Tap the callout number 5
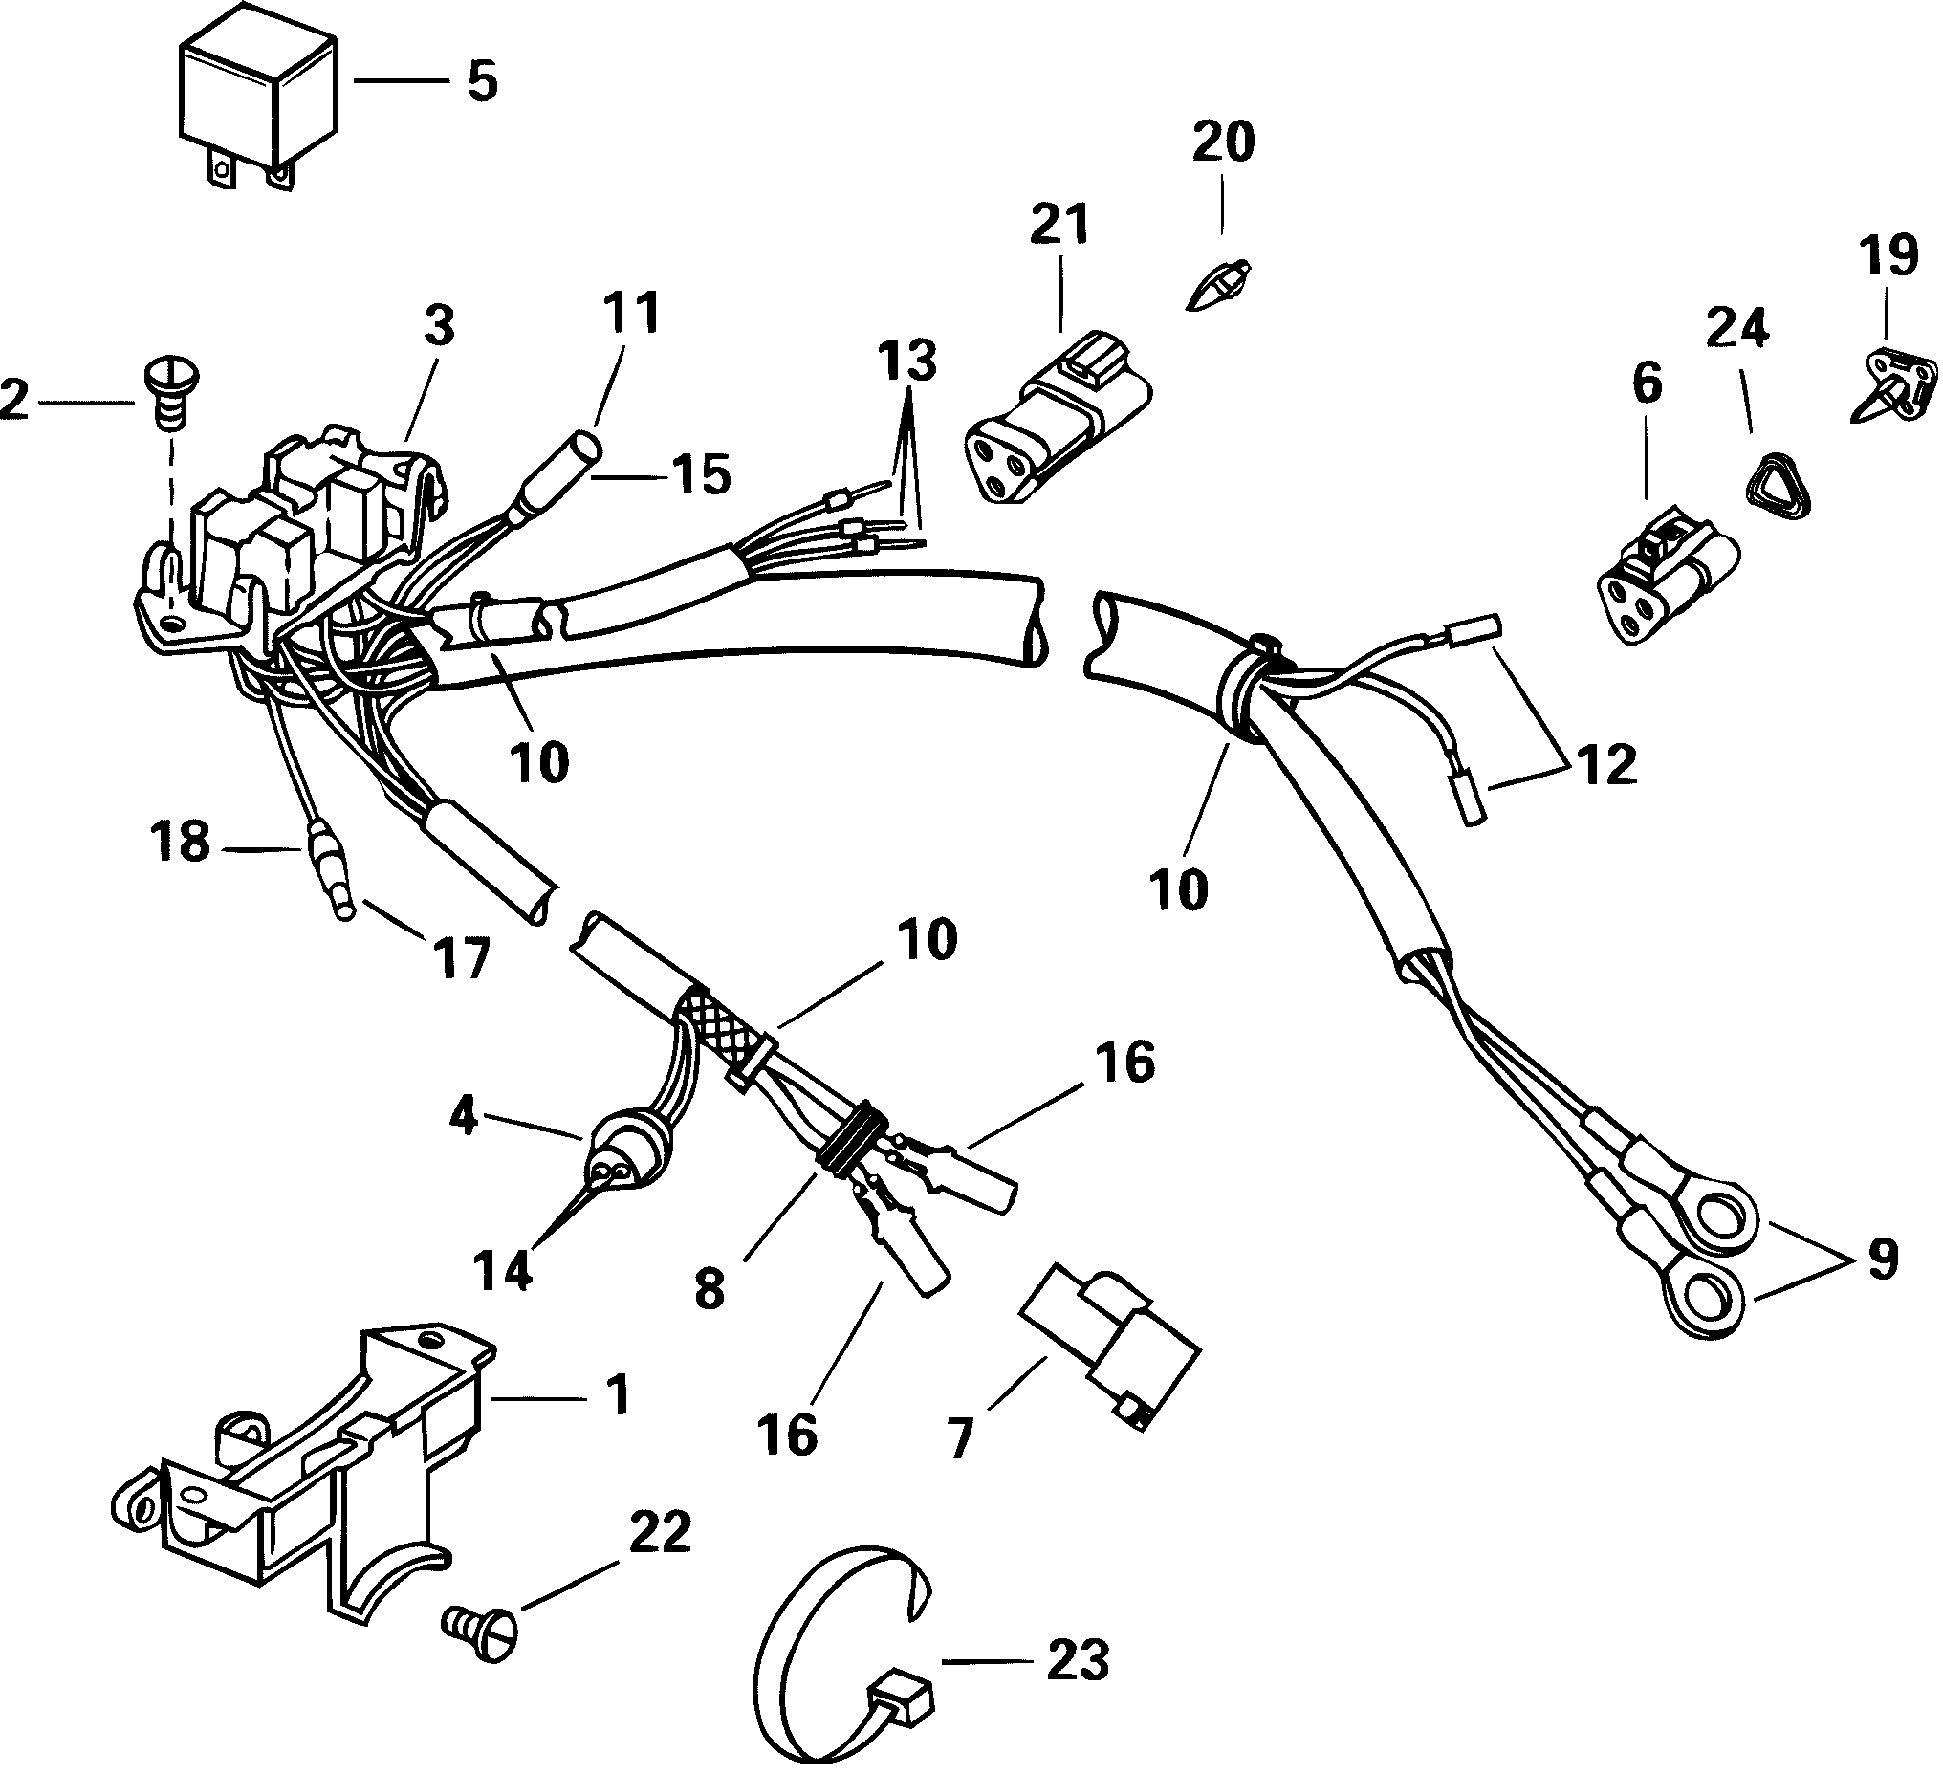pos(482,81)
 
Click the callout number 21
pos(1059,223)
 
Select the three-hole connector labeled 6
pos(1668,581)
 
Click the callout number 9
pos(1882,1260)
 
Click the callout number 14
pos(504,1272)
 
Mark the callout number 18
pos(180,842)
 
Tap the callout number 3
pos(439,327)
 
